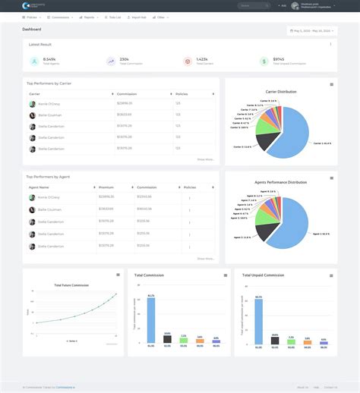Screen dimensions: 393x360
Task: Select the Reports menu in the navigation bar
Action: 89,17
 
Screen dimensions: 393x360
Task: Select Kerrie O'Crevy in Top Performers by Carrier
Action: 49,104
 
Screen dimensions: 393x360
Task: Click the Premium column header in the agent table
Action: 107,187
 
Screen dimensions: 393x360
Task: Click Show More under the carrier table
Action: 206,159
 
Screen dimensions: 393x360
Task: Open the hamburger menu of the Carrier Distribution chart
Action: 331,84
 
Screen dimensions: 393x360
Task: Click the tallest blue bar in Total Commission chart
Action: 151,319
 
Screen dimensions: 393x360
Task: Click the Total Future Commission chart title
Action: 71,285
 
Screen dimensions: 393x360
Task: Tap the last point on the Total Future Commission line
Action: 116,294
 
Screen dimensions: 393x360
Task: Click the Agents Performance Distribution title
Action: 281,182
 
